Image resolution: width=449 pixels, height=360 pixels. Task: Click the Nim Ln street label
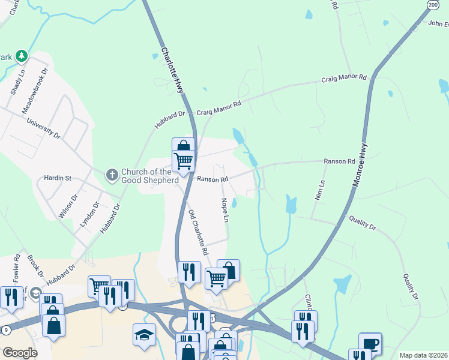pyautogui.click(x=319, y=190)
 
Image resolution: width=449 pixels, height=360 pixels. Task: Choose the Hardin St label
pyautogui.click(x=58, y=178)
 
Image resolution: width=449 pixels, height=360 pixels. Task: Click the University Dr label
pyautogui.click(x=44, y=128)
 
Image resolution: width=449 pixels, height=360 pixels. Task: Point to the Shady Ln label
pyautogui.click(x=16, y=83)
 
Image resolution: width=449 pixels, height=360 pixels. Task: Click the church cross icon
pyautogui.click(x=112, y=175)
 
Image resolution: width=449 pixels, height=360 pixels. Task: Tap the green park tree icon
pyautogui.click(x=22, y=56)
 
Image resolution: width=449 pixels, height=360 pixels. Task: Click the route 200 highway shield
pyautogui.click(x=432, y=4)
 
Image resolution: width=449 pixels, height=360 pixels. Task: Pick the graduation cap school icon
pyautogui.click(x=144, y=335)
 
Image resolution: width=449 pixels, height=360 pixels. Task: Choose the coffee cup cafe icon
pyautogui.click(x=370, y=344)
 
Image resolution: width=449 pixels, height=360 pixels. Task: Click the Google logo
pyautogui.click(x=20, y=353)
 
